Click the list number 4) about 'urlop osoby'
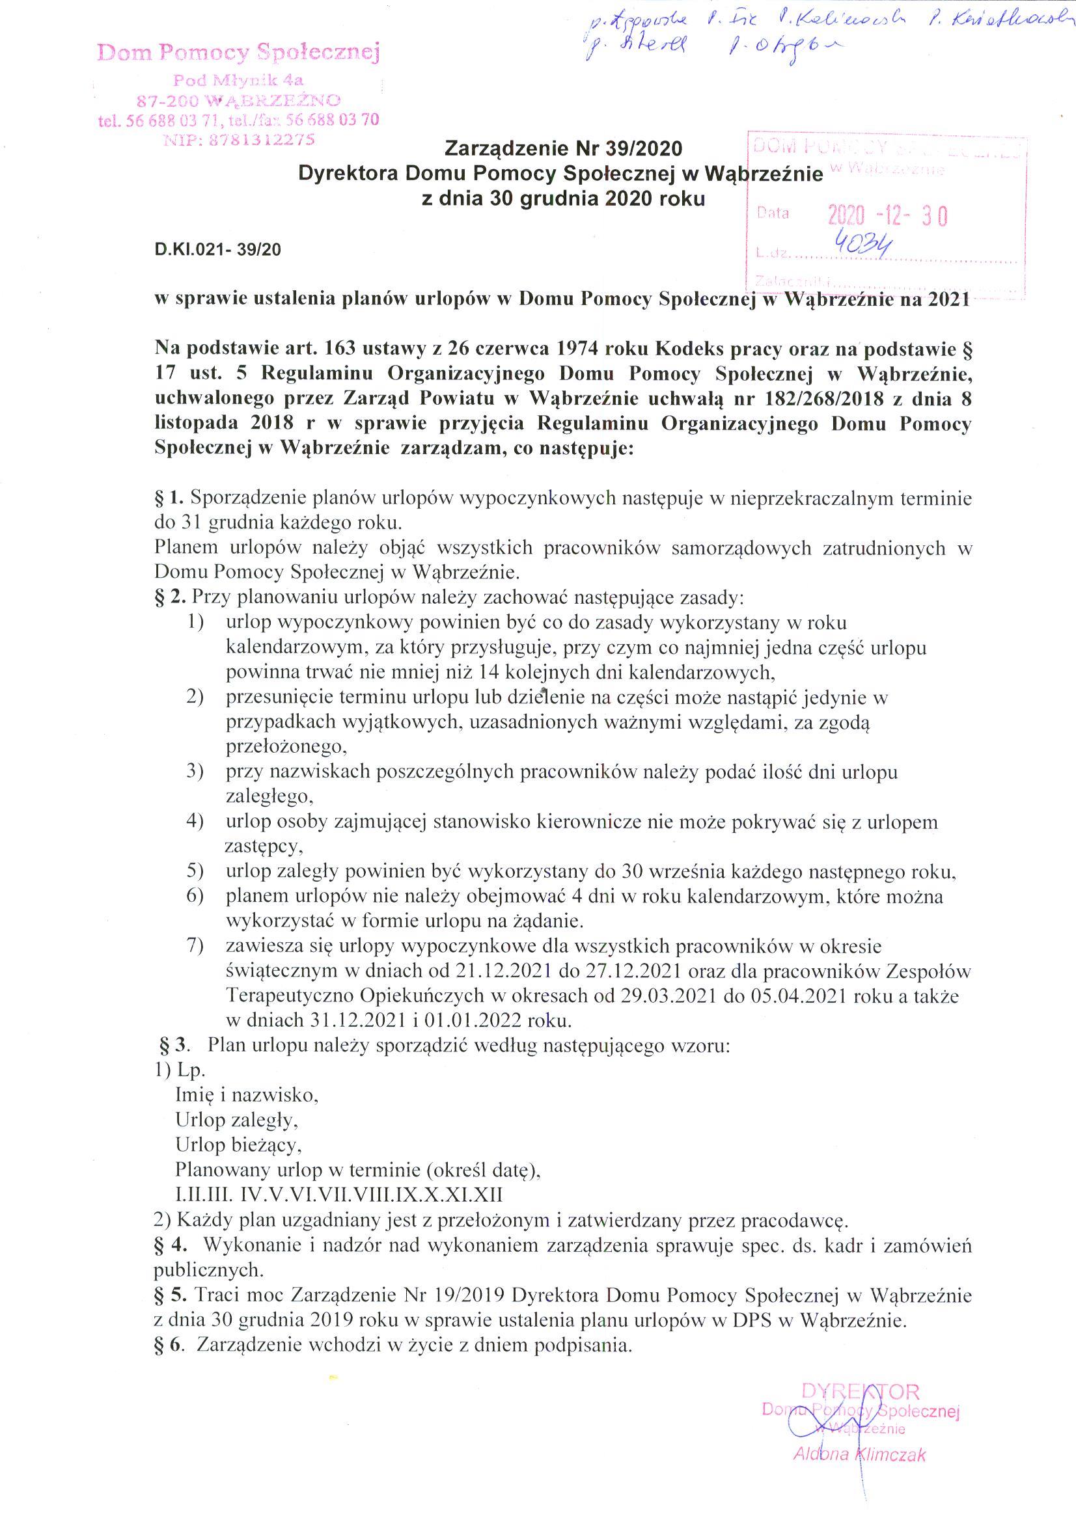click(x=194, y=822)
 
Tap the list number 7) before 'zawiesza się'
click(x=194, y=947)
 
